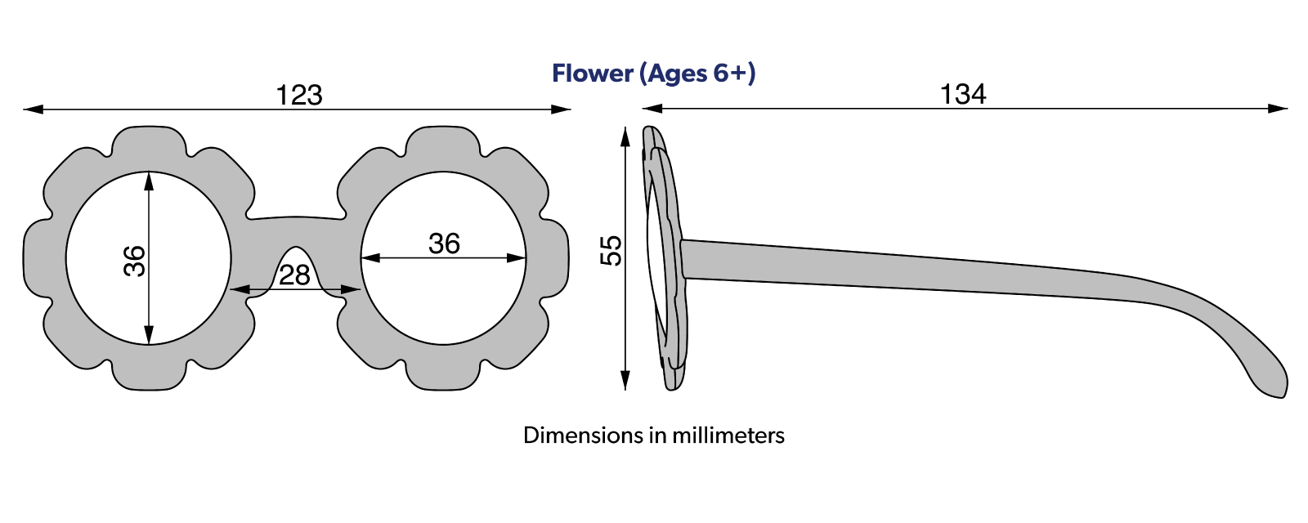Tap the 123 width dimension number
[298, 95]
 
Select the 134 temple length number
[963, 95]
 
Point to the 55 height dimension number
[611, 250]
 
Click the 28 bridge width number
[294, 275]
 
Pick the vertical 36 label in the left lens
[135, 261]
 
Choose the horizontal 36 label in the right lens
[444, 244]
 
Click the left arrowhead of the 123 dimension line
[33, 110]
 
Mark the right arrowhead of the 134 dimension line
[1279, 109]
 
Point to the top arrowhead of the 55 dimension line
[625, 137]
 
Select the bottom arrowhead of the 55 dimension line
[625, 380]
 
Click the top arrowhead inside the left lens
[149, 181]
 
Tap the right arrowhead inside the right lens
[516, 258]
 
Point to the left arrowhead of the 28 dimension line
[240, 289]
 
